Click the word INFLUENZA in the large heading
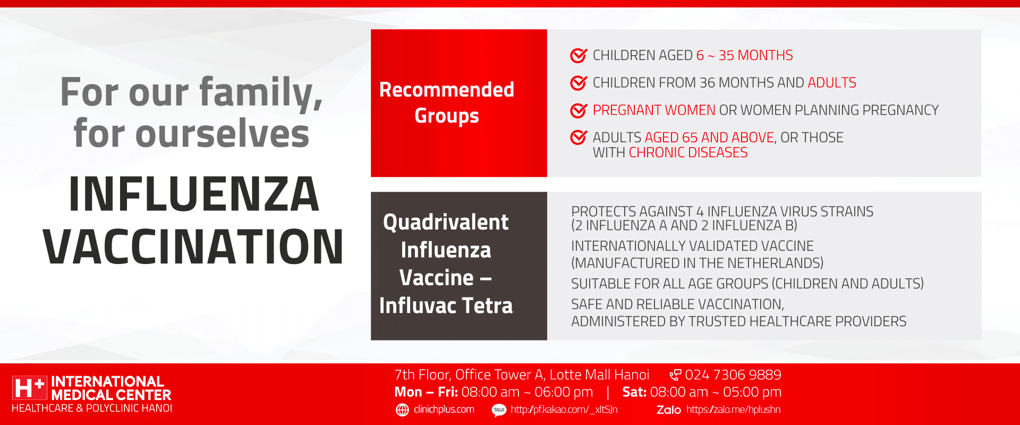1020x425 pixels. pos(194,194)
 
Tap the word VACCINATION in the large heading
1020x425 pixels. pos(193,246)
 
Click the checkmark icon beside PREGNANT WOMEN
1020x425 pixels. pos(579,110)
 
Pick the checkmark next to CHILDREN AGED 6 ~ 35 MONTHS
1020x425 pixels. pos(579,55)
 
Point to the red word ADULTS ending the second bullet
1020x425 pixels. pos(832,83)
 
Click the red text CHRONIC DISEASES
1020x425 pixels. pos(688,152)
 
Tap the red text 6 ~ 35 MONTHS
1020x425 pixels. pos(745,55)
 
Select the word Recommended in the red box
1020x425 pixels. pos(447,90)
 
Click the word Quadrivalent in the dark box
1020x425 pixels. pos(446,222)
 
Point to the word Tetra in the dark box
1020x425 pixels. pos(487,305)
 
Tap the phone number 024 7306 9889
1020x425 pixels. pos(733,375)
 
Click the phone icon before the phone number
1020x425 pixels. pos(675,375)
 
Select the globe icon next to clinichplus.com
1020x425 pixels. pos(403,410)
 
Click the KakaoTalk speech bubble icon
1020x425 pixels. pos(499,410)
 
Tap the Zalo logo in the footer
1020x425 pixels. pos(669,410)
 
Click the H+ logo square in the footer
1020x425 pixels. pos(30,388)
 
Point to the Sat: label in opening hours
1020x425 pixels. pos(634,392)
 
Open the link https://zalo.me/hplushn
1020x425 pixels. pos(733,410)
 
